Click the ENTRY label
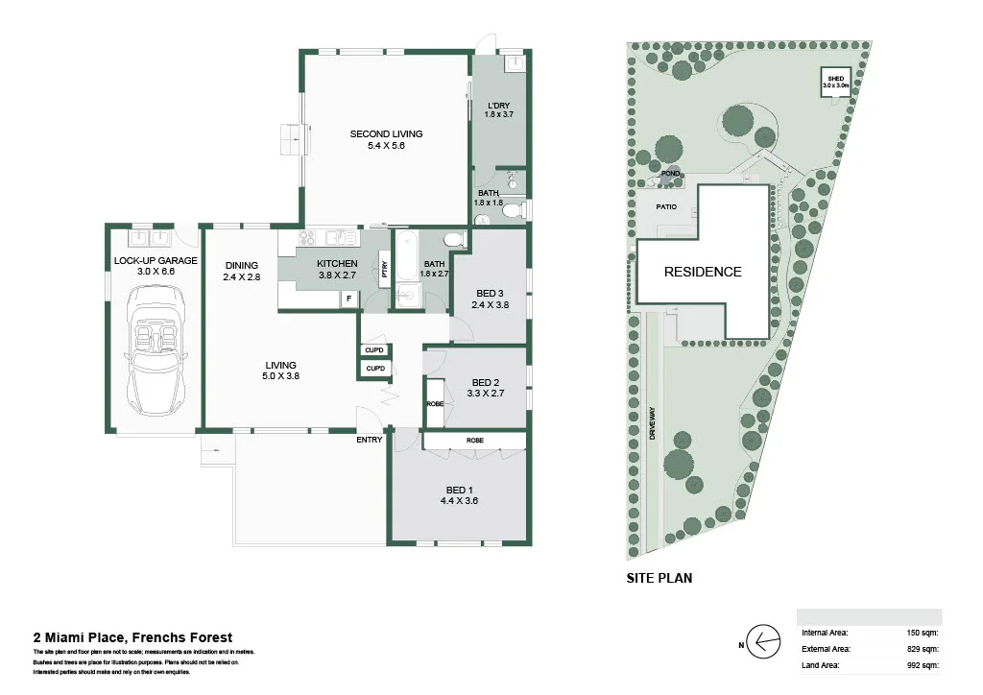click(x=369, y=440)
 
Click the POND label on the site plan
click(x=670, y=174)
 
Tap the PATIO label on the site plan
click(x=667, y=205)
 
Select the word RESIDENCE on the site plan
click(x=703, y=272)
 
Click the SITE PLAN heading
click(x=659, y=578)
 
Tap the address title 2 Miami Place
click(x=132, y=636)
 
